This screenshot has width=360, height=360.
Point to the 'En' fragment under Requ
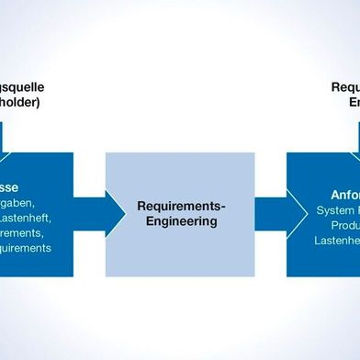pos(353,104)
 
